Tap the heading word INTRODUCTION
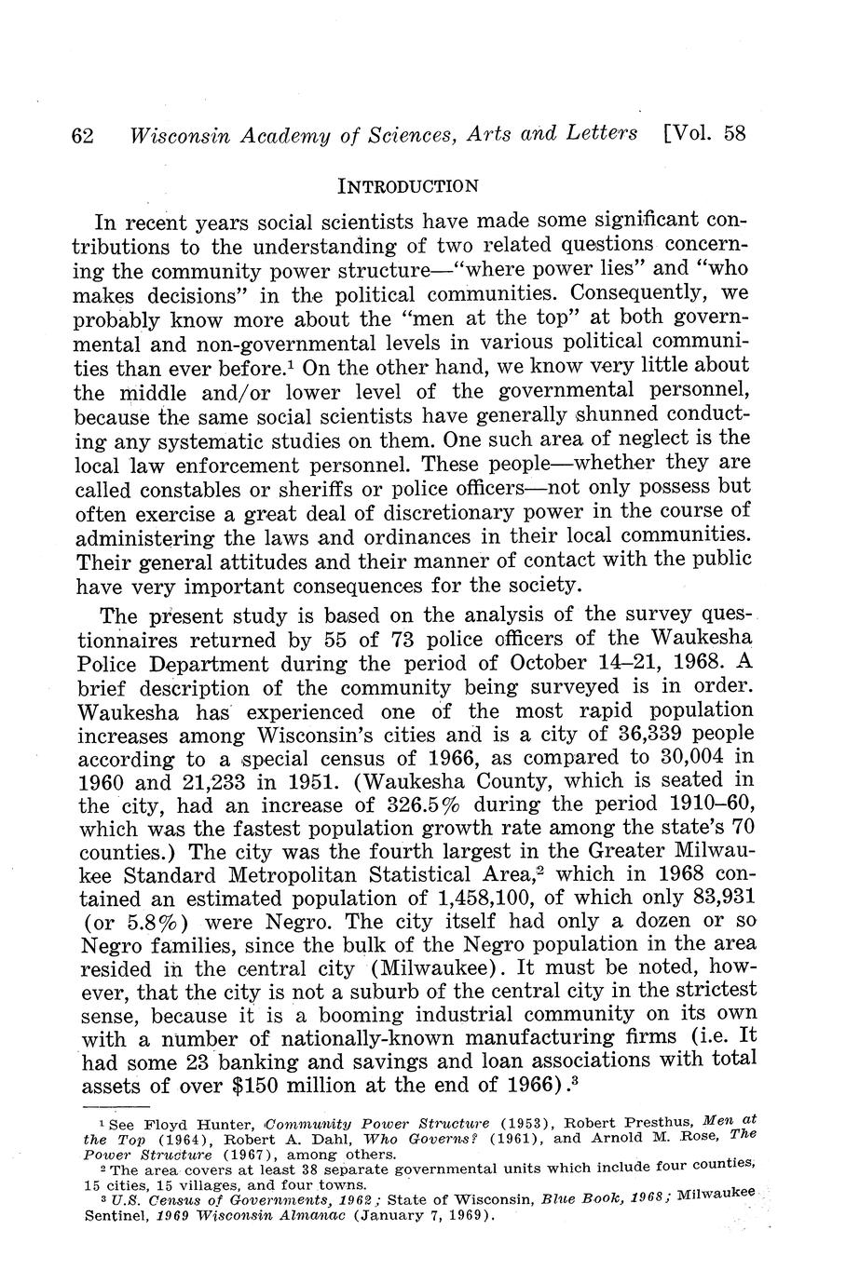pos(409,185)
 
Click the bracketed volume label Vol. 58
pos(705,133)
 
